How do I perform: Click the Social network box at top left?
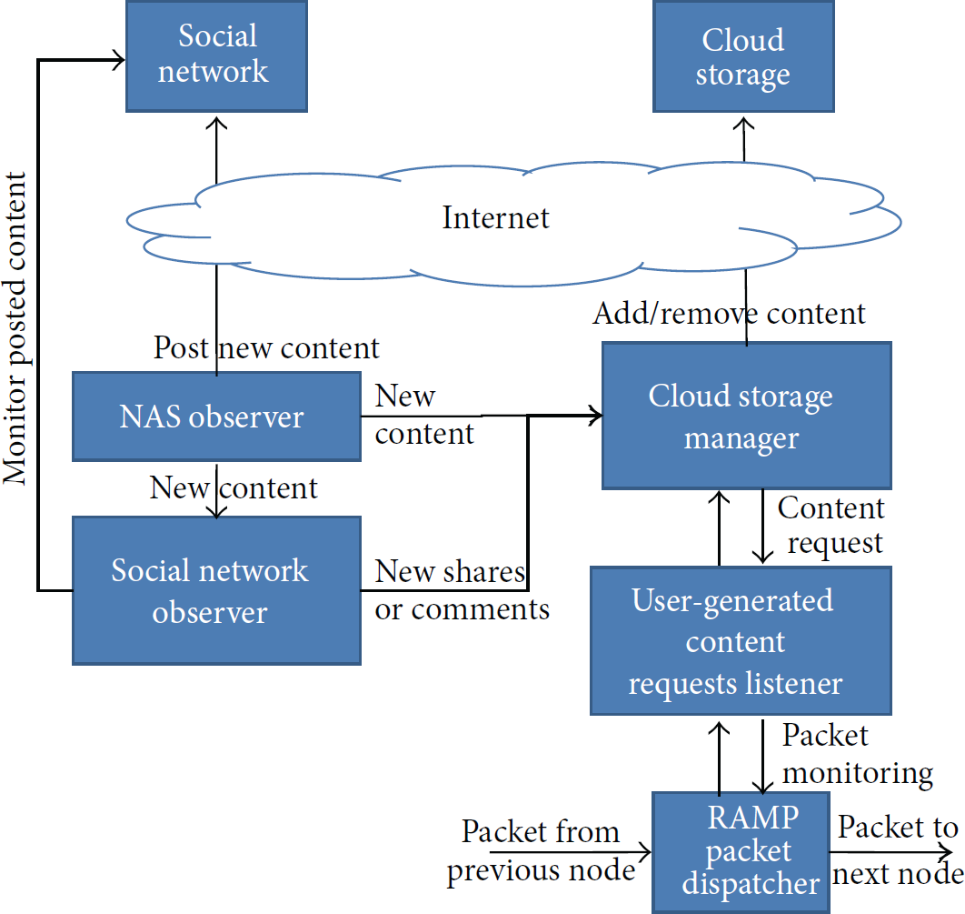tap(216, 56)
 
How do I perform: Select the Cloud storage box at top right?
tap(743, 56)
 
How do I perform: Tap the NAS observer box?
tap(216, 417)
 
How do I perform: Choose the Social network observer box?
tap(216, 590)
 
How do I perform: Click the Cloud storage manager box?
tap(747, 416)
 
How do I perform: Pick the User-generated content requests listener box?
tap(741, 640)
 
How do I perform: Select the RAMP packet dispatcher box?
tap(741, 852)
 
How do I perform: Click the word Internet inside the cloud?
tap(495, 217)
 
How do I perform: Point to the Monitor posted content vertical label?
tap(15, 328)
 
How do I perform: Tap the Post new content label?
tap(266, 348)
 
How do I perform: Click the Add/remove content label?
tap(730, 314)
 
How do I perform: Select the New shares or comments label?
tap(463, 590)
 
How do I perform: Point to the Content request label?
tap(831, 526)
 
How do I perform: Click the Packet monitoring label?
tap(857, 754)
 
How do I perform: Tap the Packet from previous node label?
tap(541, 850)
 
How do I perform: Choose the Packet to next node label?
tap(898, 850)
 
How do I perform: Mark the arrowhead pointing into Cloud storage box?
tap(743, 122)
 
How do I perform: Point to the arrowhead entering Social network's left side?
tap(118, 60)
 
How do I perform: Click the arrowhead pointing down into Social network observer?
tap(216, 511)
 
